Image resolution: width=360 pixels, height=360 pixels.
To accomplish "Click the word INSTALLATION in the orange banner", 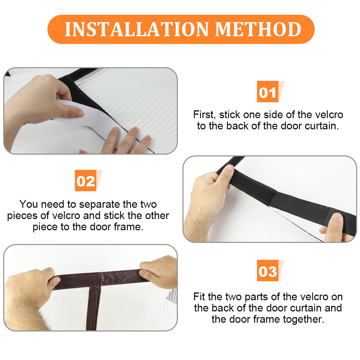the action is pos(137,30).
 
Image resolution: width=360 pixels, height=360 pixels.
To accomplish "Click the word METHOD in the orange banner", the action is pos(258,30).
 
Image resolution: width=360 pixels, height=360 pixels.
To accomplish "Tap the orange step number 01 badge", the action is pos(268,92).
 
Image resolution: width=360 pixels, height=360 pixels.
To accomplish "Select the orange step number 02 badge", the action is pos(86,180).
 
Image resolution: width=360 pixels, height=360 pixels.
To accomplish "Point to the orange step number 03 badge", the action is pos(268,270).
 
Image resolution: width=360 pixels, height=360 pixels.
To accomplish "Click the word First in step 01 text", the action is pos(204,115).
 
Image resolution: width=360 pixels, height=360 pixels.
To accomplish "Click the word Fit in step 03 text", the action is pos(200,297).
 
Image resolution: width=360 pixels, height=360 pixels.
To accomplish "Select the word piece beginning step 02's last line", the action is pos(45,227).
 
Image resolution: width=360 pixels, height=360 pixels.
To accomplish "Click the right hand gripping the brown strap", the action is pos(159,271).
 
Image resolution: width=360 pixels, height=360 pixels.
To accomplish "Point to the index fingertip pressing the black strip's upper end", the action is pos(230,168).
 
